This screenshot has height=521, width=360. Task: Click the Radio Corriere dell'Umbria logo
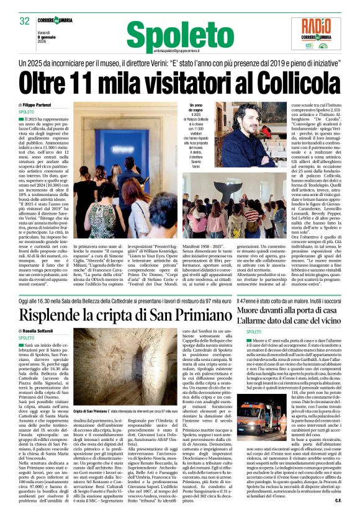pos(320,32)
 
